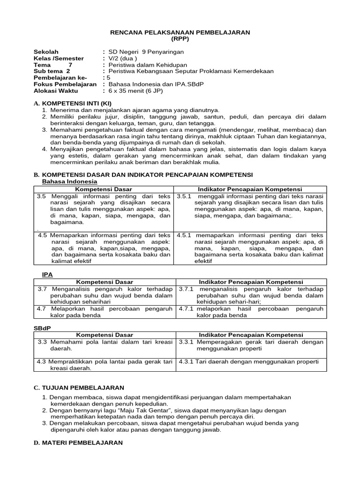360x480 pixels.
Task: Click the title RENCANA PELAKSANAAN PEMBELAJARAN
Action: pos(180,32)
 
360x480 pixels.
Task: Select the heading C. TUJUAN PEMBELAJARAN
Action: pos(79,388)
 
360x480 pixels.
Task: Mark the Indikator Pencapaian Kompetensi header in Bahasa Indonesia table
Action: pos(250,189)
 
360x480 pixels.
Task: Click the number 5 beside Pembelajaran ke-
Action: pos(108,78)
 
